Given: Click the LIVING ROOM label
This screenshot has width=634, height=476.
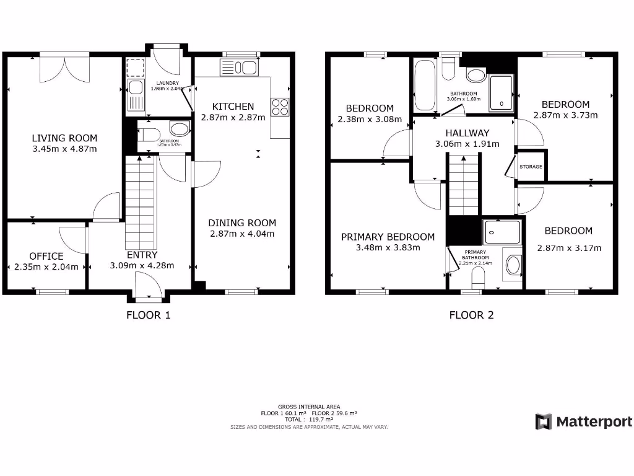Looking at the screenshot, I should tap(64, 138).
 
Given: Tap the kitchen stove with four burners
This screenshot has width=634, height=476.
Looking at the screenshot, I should tap(280, 107).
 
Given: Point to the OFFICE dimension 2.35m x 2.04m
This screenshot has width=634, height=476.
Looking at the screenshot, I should tap(46, 267).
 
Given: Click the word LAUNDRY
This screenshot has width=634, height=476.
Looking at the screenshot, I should tap(165, 83).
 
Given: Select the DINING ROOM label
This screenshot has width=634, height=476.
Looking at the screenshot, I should tap(241, 223).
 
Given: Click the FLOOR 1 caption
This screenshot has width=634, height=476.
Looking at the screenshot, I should tap(148, 315).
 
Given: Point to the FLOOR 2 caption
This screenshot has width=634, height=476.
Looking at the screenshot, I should tap(471, 315).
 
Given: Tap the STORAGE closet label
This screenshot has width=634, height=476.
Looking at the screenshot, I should tap(531, 167).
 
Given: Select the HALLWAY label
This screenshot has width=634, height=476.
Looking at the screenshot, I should tap(467, 133).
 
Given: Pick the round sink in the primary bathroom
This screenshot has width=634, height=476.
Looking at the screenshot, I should tap(513, 266).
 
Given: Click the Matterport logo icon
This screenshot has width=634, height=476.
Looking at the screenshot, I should tap(544, 422).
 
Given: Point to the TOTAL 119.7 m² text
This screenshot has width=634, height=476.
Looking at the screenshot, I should tap(309, 420).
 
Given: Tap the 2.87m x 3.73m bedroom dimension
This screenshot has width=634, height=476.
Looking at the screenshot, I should tap(565, 115).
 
